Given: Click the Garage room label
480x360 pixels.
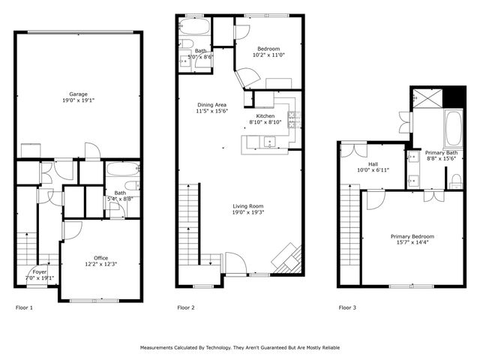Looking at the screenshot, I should click(79, 94).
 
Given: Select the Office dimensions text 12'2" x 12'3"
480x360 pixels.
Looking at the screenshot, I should click(100, 264).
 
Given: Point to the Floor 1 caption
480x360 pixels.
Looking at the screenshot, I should click(24, 307).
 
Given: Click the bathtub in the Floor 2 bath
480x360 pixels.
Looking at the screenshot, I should click(194, 30).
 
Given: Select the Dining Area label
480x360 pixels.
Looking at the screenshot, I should click(211, 105).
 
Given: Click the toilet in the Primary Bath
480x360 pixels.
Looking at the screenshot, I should click(455, 181).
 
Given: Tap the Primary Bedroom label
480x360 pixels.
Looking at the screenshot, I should click(412, 237).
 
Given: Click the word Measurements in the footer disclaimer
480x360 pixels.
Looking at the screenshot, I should click(162, 348).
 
